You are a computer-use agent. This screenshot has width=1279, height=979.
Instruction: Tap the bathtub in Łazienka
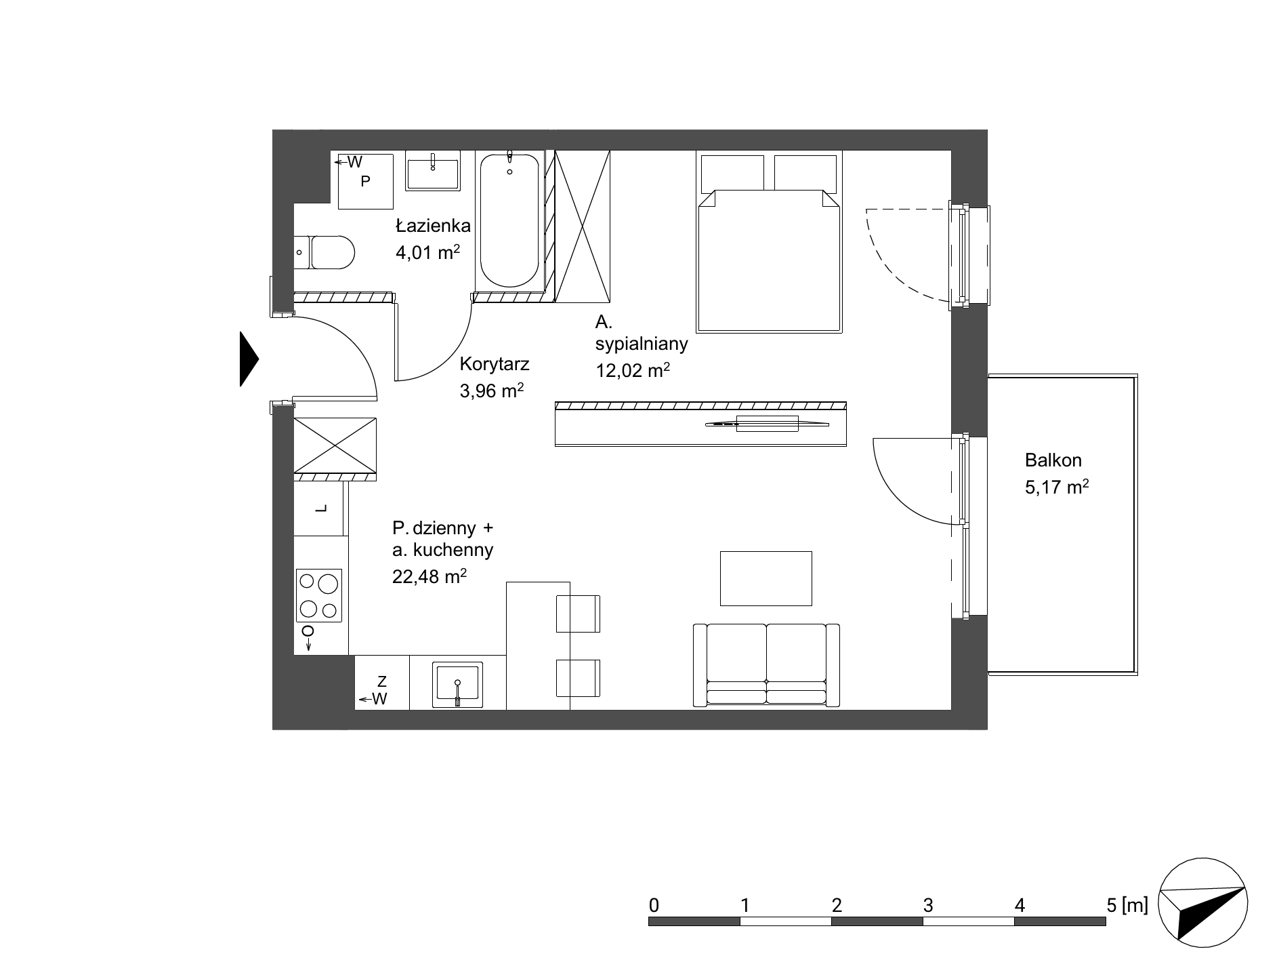pyautogui.click(x=510, y=220)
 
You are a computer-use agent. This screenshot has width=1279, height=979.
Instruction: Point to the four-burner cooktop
pyautogui.click(x=318, y=595)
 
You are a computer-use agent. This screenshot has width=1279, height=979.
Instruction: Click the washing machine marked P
pyautogui.click(x=366, y=181)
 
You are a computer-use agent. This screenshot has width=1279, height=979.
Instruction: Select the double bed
pyautogui.click(x=770, y=242)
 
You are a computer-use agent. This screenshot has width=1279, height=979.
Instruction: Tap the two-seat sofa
pyautogui.click(x=766, y=665)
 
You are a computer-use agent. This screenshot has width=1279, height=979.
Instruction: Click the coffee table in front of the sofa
pyautogui.click(x=766, y=578)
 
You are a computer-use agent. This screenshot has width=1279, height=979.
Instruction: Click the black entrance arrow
pyautogui.click(x=249, y=359)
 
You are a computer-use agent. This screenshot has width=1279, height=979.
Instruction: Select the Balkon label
pyautogui.click(x=1053, y=460)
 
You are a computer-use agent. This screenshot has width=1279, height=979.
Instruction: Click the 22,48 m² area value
pyautogui.click(x=429, y=576)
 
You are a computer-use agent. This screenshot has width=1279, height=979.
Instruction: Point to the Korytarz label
pyautogui.click(x=494, y=364)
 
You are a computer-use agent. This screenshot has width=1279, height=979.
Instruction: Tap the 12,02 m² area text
pyautogui.click(x=633, y=370)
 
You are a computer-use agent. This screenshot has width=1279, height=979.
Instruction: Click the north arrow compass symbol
pyautogui.click(x=1202, y=904)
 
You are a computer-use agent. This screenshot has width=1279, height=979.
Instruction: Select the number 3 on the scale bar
pyautogui.click(x=927, y=905)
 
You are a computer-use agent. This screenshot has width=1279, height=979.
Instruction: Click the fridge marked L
pyautogui.click(x=321, y=508)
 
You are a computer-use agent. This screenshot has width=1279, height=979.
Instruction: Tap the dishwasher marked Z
pyautogui.click(x=382, y=682)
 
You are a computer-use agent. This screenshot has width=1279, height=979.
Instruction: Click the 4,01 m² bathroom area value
pyautogui.click(x=428, y=253)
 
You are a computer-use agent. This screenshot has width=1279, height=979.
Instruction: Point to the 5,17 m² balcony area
pyautogui.click(x=1056, y=487)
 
